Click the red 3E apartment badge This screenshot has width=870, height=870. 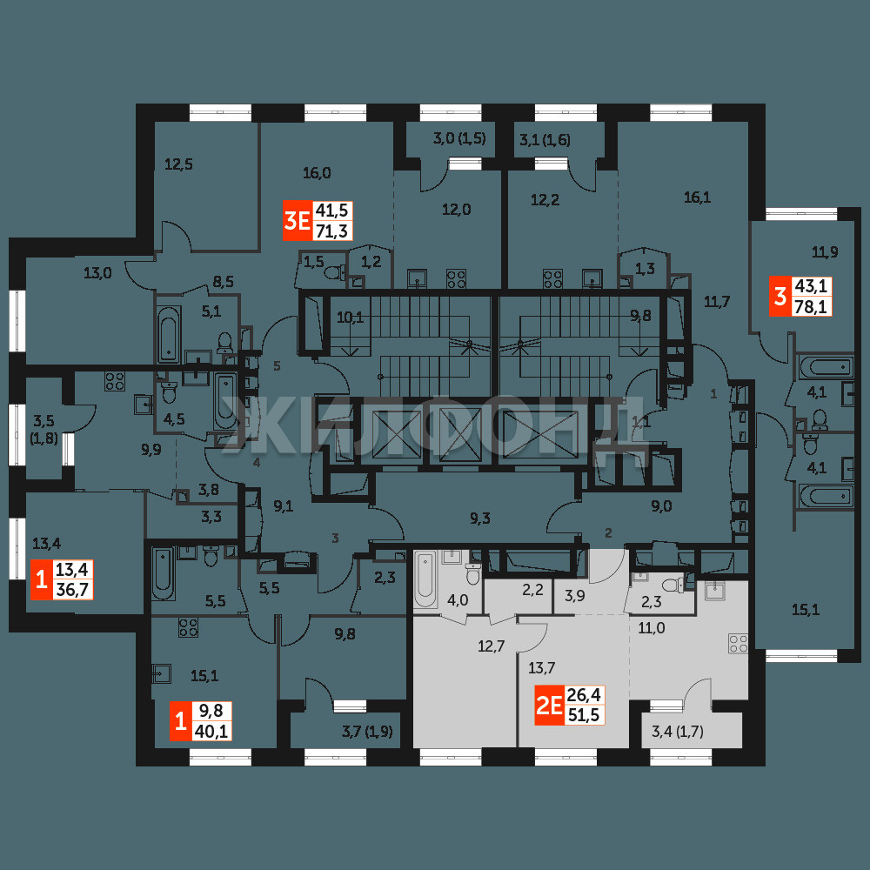tap(298, 221)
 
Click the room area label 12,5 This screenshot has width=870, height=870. tap(178, 164)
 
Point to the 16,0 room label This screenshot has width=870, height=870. tap(317, 173)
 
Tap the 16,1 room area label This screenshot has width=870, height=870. tap(698, 197)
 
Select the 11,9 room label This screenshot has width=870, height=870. tap(825, 252)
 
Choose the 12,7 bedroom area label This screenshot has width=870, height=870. tap(492, 646)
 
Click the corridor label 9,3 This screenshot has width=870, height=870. tap(480, 519)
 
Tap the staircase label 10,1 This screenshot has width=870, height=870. tap(350, 318)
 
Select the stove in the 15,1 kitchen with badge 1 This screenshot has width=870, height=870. tap(188, 627)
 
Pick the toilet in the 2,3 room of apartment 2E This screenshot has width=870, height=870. tap(672, 585)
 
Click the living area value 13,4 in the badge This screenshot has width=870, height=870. tap(72, 569)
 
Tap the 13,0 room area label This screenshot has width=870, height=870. tap(97, 273)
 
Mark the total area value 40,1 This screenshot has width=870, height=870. tap(211, 732)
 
